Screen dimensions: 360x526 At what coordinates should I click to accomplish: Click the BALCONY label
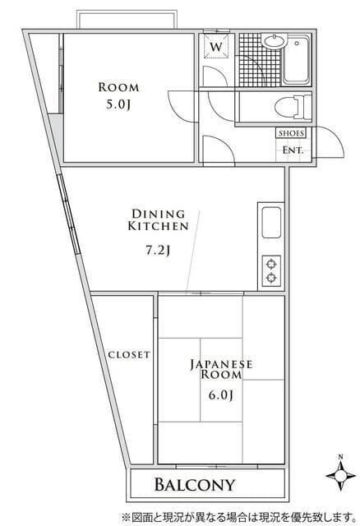point(195,485)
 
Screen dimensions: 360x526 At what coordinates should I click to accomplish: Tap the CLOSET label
point(129,354)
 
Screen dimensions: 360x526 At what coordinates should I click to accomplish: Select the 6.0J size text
point(221,395)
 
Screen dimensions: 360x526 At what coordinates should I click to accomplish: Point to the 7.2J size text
point(158,250)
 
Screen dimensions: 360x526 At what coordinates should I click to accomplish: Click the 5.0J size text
point(118,104)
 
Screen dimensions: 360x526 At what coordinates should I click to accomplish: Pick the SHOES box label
point(291,133)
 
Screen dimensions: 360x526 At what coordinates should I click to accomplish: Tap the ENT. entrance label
point(293,150)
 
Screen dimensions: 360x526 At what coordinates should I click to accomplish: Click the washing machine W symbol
point(216,47)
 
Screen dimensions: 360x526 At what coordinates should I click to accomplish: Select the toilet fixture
point(293,108)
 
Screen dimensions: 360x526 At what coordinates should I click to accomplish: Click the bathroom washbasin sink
point(275,42)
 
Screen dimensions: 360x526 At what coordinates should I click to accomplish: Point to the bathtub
point(296,60)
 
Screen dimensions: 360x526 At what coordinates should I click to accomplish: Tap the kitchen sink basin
point(271,223)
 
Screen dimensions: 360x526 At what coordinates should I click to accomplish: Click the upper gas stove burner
point(271,265)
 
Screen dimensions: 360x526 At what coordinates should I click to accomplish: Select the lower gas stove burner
point(271,278)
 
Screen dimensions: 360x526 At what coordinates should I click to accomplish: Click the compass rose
point(341,475)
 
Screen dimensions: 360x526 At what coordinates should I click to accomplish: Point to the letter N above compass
point(340,457)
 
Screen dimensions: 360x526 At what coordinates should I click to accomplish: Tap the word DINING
point(159,214)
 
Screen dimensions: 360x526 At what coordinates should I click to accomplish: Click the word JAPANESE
point(221,364)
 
